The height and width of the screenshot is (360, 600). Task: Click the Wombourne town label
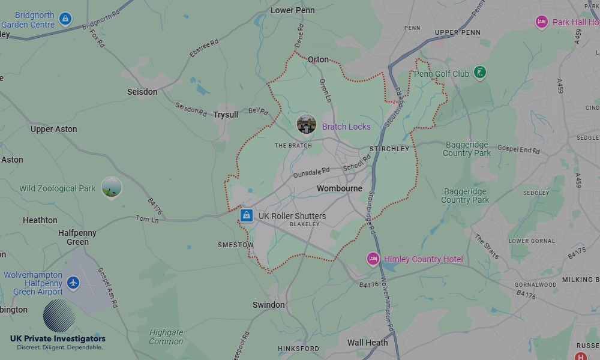340,188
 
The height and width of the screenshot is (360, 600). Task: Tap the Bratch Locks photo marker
307,125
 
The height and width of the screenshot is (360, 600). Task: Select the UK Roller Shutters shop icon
246,215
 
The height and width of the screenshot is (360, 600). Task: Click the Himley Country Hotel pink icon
373,259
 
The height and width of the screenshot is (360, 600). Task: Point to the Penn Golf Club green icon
479,73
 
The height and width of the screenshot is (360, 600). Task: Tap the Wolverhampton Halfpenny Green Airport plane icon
73,282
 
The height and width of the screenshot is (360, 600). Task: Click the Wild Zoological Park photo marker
112,188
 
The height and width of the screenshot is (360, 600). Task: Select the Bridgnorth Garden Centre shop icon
65,19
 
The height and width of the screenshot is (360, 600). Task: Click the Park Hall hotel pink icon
542,22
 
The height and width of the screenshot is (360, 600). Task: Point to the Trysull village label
226,115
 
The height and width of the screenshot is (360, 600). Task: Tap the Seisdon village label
142,92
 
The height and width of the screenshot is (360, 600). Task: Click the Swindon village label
268,305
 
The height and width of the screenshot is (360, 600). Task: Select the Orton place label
318,60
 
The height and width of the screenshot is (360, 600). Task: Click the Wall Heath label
368,343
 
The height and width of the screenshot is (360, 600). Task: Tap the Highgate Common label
166,337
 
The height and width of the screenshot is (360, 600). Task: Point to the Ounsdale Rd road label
311,173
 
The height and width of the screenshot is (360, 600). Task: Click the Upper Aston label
54,129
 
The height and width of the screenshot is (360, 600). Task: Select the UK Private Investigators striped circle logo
59,316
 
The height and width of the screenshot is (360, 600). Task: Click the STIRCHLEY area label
389,149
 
